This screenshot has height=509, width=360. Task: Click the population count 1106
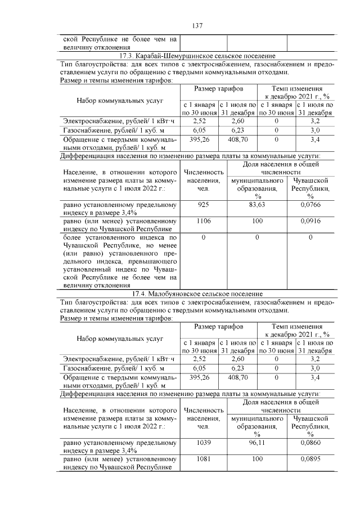tap(204, 222)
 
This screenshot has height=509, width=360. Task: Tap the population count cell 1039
tap(204, 443)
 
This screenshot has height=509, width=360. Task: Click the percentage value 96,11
tap(259, 443)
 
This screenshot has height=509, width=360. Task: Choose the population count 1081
tap(204, 460)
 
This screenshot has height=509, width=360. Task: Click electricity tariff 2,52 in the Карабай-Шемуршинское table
tap(199, 120)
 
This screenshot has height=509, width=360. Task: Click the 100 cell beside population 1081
tap(259, 460)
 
